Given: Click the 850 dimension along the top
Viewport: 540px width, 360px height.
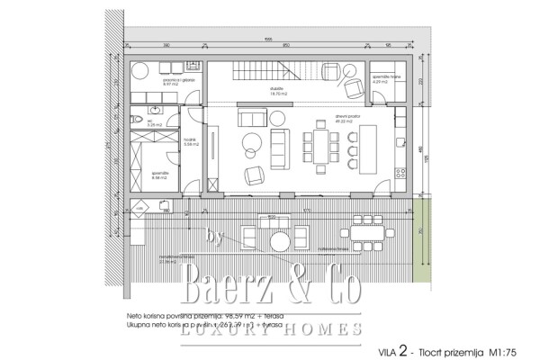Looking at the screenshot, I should coord(285,44).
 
